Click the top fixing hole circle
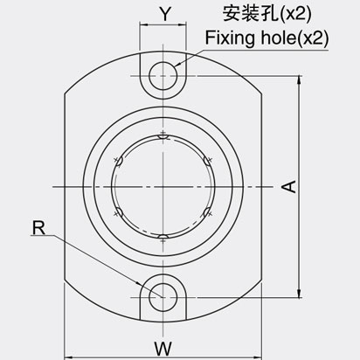click(x=163, y=75)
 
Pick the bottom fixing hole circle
click(x=163, y=297)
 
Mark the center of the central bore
click(x=163, y=186)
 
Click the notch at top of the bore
click(x=163, y=135)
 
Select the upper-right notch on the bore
click(x=206, y=160)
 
